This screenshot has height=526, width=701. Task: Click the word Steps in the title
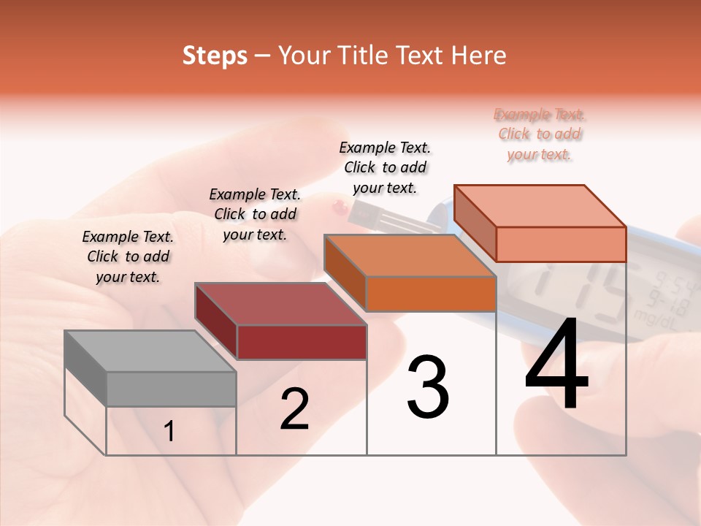pos(215,56)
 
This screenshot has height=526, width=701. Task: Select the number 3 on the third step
pos(427,387)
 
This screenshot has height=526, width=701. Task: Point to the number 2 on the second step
pos(294,409)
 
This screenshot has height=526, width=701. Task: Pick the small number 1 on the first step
pos(169,432)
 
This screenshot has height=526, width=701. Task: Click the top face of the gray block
pos(150,351)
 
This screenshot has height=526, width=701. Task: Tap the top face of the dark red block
pos(280,304)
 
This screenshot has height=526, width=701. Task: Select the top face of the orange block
pos(410,256)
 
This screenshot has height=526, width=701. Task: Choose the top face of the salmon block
pos(540,206)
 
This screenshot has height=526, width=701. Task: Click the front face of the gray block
pos(172,389)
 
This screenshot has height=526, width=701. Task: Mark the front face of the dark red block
pos(302,342)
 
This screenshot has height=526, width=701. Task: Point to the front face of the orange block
pos(431,294)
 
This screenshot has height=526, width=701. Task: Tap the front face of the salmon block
pos(561,244)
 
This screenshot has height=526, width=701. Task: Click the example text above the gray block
pos(128,256)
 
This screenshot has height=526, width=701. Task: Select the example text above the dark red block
pos(255,214)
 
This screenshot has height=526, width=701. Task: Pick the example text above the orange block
pos(385,167)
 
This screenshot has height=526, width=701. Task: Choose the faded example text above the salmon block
pos(540,134)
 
